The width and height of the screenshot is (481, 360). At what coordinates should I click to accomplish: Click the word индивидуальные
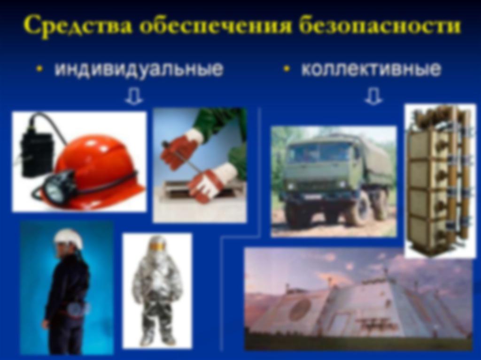click(139, 69)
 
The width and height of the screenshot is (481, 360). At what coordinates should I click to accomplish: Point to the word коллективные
click(371, 69)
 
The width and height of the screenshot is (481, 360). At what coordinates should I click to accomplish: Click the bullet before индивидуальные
click(39, 69)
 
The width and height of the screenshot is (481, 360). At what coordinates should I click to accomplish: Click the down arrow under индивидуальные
click(134, 97)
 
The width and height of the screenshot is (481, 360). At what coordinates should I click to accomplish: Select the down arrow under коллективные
click(373, 97)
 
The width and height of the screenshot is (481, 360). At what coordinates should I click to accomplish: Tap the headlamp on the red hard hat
click(56, 187)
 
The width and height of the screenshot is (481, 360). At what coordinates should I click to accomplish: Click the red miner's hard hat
click(95, 167)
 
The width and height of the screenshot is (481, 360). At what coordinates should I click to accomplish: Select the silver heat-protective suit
click(157, 290)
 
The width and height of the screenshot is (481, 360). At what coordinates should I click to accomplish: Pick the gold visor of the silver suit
click(157, 246)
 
